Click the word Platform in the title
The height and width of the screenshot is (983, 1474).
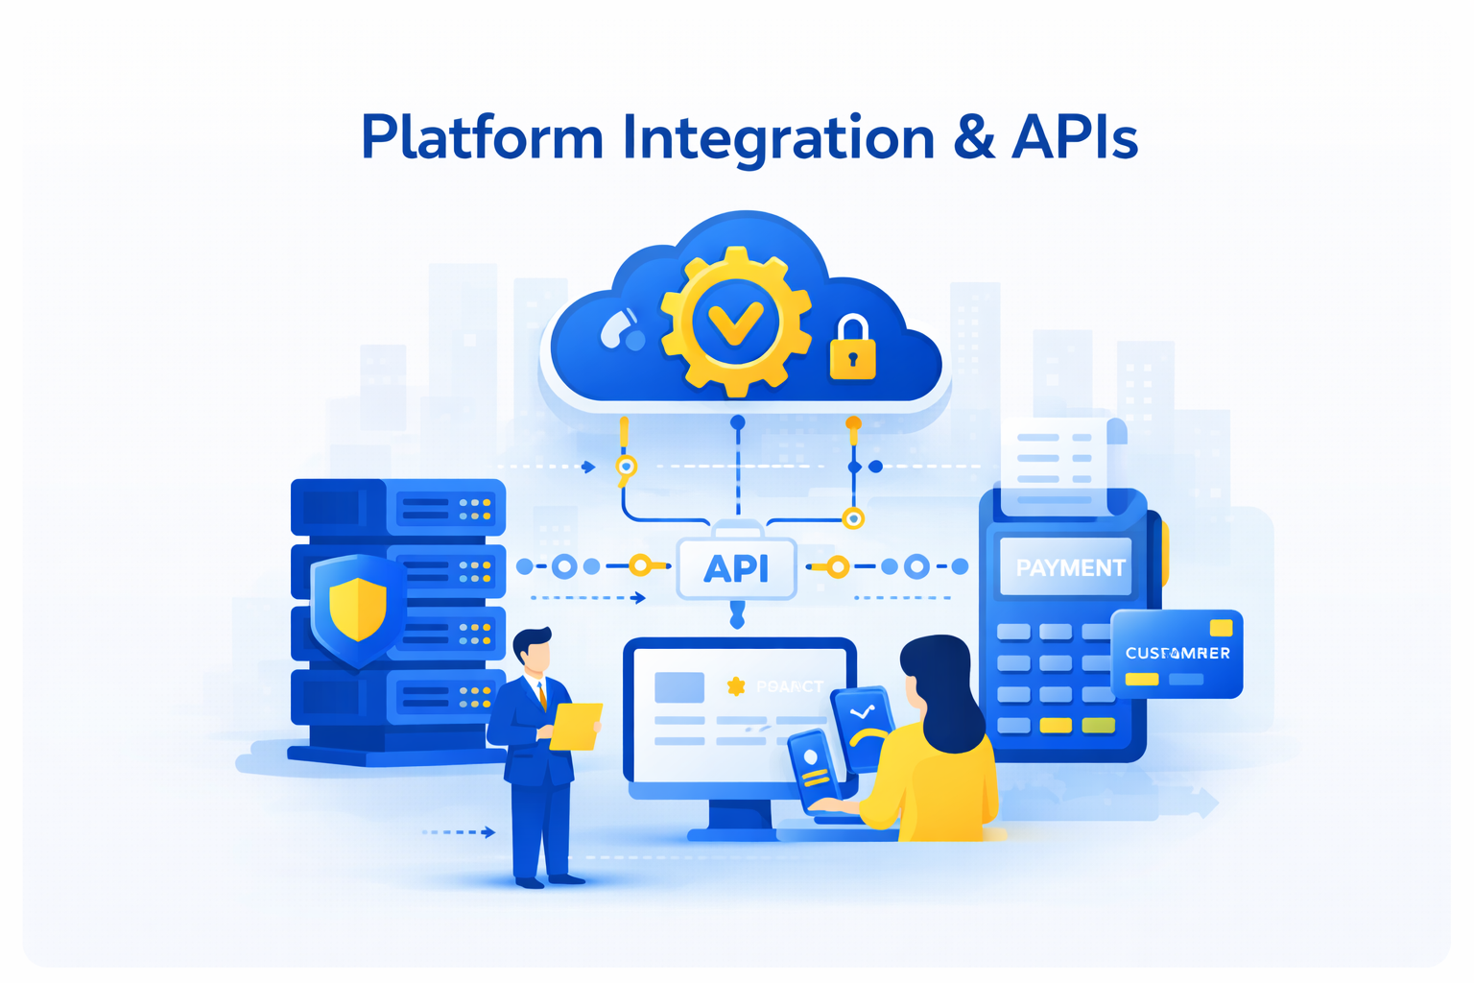482,137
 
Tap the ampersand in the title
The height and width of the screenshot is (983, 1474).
973,137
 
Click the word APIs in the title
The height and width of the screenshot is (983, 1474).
1075,137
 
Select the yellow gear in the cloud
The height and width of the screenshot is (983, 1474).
735,322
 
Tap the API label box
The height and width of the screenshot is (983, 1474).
736,568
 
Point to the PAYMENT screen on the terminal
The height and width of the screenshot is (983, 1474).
1067,567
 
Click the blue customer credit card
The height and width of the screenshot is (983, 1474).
1177,654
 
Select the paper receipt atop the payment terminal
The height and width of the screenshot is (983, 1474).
1054,461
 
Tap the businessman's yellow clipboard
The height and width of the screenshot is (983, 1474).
576,726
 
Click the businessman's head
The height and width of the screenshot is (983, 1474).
534,652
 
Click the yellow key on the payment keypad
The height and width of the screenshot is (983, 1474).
1056,725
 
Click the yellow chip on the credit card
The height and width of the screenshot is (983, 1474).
1221,628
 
